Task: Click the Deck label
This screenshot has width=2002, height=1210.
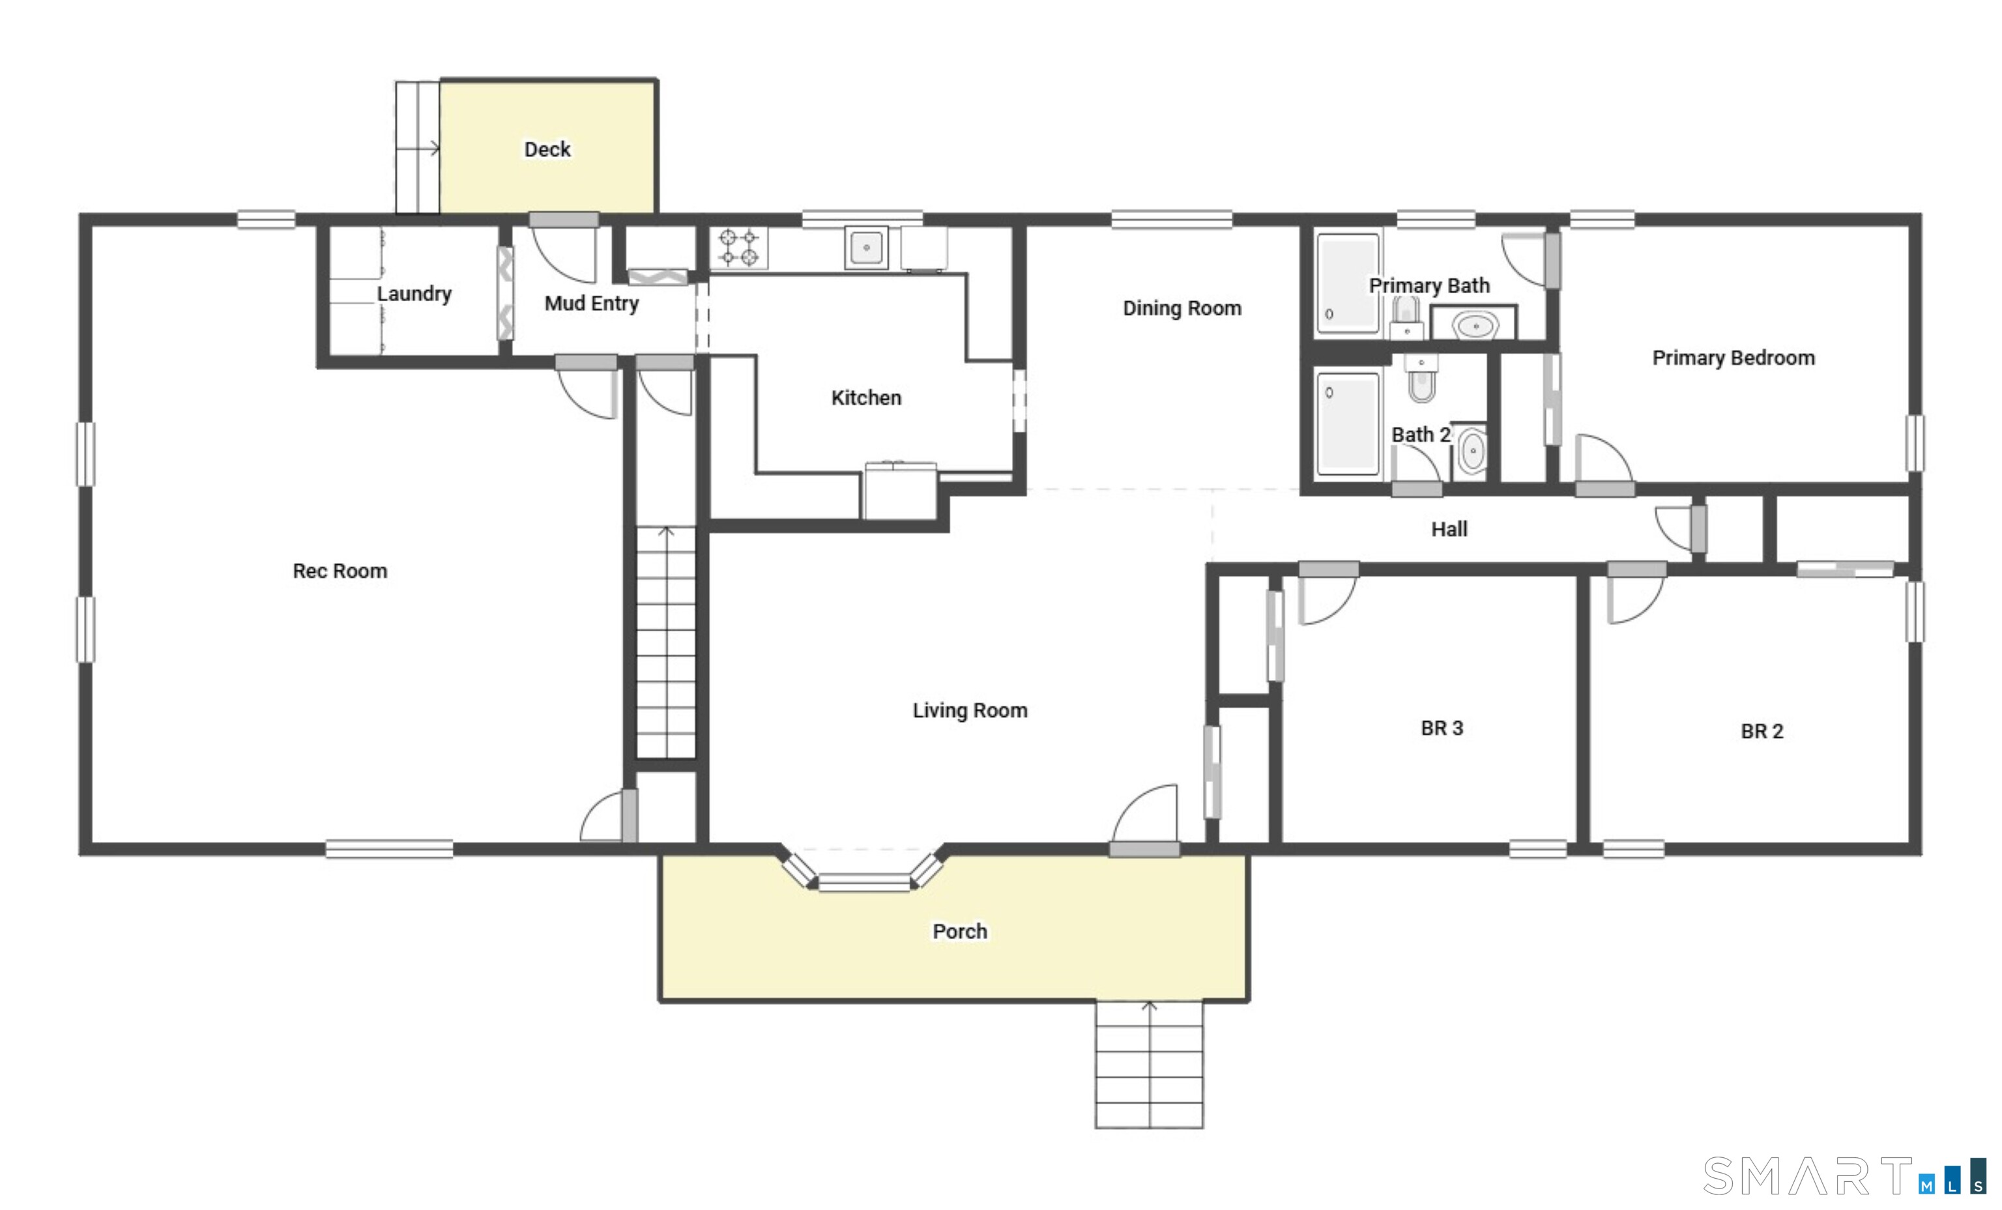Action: coord(547,149)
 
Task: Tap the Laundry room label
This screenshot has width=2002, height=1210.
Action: coord(414,293)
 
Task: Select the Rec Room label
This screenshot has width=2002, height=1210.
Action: coord(340,571)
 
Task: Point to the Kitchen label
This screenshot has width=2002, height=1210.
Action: coord(866,398)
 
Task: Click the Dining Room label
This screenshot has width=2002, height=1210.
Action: coord(1182,309)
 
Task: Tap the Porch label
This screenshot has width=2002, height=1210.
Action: coord(959,931)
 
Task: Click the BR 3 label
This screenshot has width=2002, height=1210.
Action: coord(1442,728)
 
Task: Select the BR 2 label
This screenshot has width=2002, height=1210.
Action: coord(1762,731)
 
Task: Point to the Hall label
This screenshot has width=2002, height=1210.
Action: coord(1449,530)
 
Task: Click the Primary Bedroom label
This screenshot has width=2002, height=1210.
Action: coord(1733,358)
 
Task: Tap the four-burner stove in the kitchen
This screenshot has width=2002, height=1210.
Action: coord(740,248)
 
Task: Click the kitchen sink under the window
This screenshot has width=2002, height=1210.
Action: coord(866,247)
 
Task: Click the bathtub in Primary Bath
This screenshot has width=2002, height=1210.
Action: coord(1348,283)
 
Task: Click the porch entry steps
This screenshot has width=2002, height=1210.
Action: coord(1149,1065)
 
